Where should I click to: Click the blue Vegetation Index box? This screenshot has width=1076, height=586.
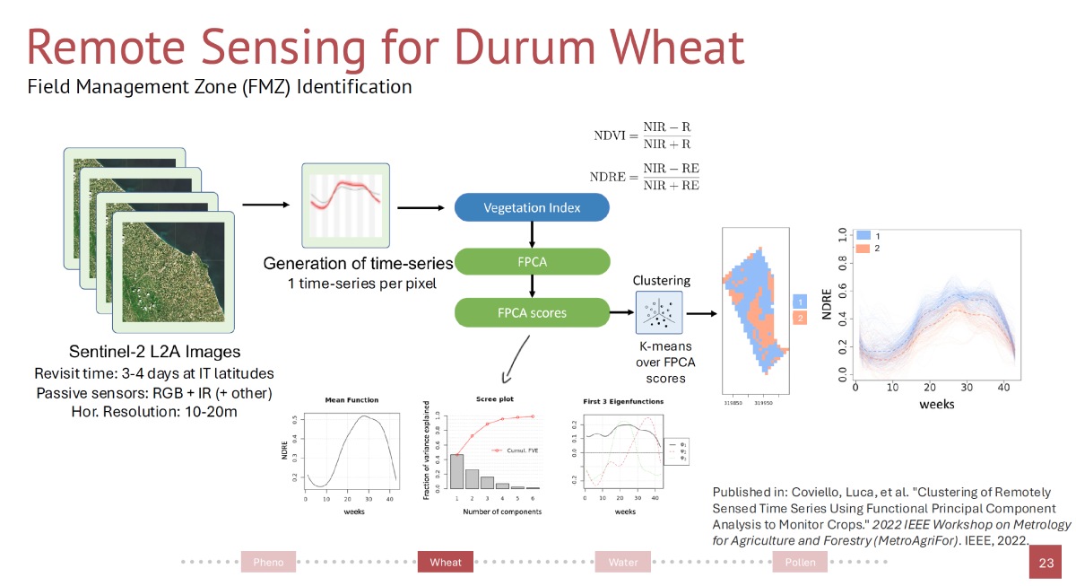[x=532, y=207]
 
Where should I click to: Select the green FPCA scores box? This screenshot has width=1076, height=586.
[x=532, y=313]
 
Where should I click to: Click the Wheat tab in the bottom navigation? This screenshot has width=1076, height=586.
[x=446, y=563]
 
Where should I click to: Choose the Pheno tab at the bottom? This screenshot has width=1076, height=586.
[x=268, y=563]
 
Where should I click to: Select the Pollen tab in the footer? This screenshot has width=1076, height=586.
[x=800, y=563]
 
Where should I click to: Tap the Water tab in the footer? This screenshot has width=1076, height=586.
[x=623, y=563]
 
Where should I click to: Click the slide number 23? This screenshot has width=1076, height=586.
[x=1046, y=564]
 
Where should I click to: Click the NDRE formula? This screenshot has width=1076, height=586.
[x=645, y=176]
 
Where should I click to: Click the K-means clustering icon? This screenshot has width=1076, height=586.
[x=658, y=312]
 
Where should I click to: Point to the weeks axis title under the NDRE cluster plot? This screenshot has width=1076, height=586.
[x=936, y=404]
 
